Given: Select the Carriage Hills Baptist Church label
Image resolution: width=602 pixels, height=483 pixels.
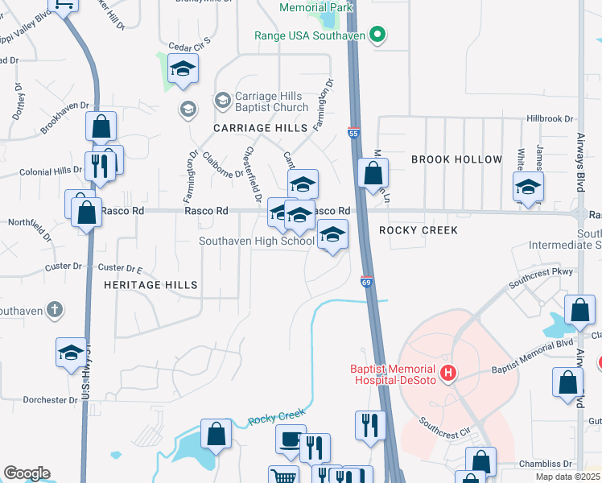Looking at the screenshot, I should (x=271, y=102).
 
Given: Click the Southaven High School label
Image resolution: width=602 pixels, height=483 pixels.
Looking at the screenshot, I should (x=257, y=241).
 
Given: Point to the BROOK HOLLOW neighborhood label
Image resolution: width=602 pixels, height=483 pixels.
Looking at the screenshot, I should (x=456, y=159).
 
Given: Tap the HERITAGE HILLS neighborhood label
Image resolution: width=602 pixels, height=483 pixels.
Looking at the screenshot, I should (x=150, y=285).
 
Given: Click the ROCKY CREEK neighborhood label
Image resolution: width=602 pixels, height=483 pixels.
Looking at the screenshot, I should (x=419, y=230).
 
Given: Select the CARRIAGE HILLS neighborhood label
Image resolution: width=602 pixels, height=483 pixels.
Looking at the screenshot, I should (x=260, y=128).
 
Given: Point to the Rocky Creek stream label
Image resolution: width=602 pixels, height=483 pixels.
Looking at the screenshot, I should (x=277, y=418).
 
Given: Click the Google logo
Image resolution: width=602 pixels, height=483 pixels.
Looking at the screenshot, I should (x=27, y=473).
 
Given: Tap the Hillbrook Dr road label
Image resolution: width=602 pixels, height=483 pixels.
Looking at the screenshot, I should (x=547, y=118).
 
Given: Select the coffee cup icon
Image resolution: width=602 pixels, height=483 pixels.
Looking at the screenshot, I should (x=291, y=439).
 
